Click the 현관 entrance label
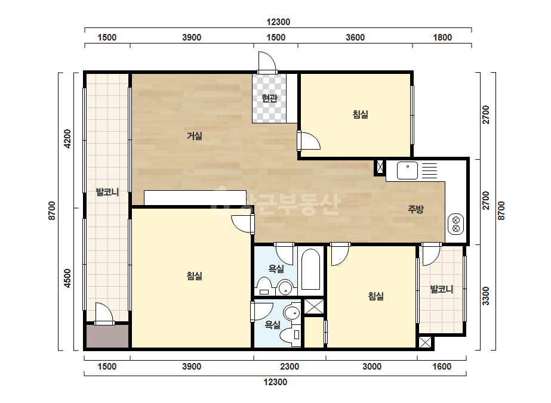click(x=269, y=98)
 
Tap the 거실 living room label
click(x=195, y=135)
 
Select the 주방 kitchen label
click(x=415, y=209)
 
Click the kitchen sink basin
click(x=407, y=170)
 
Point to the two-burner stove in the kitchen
click(x=456, y=224)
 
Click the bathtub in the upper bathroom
click(x=310, y=269)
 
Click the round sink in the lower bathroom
click(x=291, y=312)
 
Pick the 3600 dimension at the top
click(x=355, y=37)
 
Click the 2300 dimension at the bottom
click(x=290, y=367)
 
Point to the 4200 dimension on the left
click(x=67, y=139)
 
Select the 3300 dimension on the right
click(x=486, y=296)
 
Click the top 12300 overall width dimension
click(x=278, y=22)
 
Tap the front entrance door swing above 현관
click(x=267, y=63)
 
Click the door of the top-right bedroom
click(x=309, y=141)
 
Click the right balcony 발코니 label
click(x=442, y=289)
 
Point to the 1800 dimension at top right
click(x=442, y=37)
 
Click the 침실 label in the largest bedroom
click(x=195, y=275)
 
